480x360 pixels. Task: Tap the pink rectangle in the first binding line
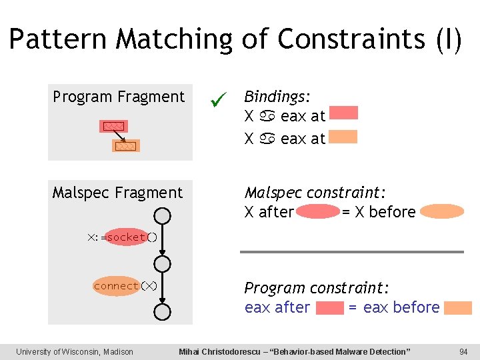pyautogui.click(x=343, y=113)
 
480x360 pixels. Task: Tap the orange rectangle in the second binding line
pyautogui.click(x=343, y=137)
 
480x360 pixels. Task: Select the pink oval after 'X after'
pyautogui.click(x=318, y=212)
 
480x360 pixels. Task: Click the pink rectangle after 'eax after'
pyautogui.click(x=329, y=308)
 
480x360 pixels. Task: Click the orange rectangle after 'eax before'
pyautogui.click(x=458, y=308)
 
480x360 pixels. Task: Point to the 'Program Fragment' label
pyautogui.click(x=119, y=97)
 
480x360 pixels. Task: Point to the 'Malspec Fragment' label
pyautogui.click(x=117, y=193)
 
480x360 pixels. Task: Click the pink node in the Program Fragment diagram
pyautogui.click(x=113, y=126)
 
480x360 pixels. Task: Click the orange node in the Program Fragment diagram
pyautogui.click(x=125, y=146)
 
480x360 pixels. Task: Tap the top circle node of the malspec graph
pyautogui.click(x=162, y=215)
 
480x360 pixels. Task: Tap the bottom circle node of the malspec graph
pyautogui.click(x=162, y=311)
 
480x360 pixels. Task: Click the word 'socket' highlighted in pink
pyautogui.click(x=127, y=237)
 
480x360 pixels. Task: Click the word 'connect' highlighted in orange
pyautogui.click(x=117, y=286)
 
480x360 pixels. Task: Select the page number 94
pyautogui.click(x=463, y=351)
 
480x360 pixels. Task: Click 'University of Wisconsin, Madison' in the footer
pyautogui.click(x=75, y=351)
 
